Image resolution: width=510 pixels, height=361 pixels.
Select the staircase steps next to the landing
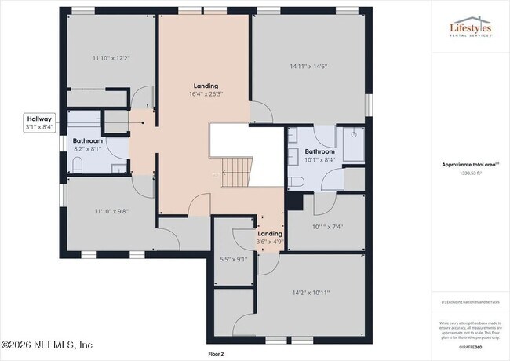pyautogui.click(x=236, y=171)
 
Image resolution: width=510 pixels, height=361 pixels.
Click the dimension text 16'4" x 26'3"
pyautogui.click(x=206, y=94)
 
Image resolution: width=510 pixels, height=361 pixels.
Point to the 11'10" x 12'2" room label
pyautogui.click(x=111, y=58)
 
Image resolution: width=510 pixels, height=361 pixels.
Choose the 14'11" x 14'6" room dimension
pyautogui.click(x=308, y=67)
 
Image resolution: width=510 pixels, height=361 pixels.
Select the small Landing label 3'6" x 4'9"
pyautogui.click(x=270, y=237)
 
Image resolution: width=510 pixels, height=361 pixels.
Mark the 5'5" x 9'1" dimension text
pyautogui.click(x=234, y=259)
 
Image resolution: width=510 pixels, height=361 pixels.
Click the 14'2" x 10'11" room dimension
pyautogui.click(x=311, y=293)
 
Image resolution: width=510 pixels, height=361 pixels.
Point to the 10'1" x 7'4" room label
pyautogui.click(x=328, y=228)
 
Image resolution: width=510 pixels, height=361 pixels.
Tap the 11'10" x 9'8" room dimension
pyautogui.click(x=111, y=210)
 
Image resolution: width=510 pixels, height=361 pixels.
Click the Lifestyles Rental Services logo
pyautogui.click(x=470, y=28)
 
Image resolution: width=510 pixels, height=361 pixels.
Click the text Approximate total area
pyautogui.click(x=468, y=165)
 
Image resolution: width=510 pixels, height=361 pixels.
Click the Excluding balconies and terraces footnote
pyautogui.click(x=470, y=301)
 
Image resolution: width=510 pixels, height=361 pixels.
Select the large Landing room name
pyautogui.click(x=206, y=86)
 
